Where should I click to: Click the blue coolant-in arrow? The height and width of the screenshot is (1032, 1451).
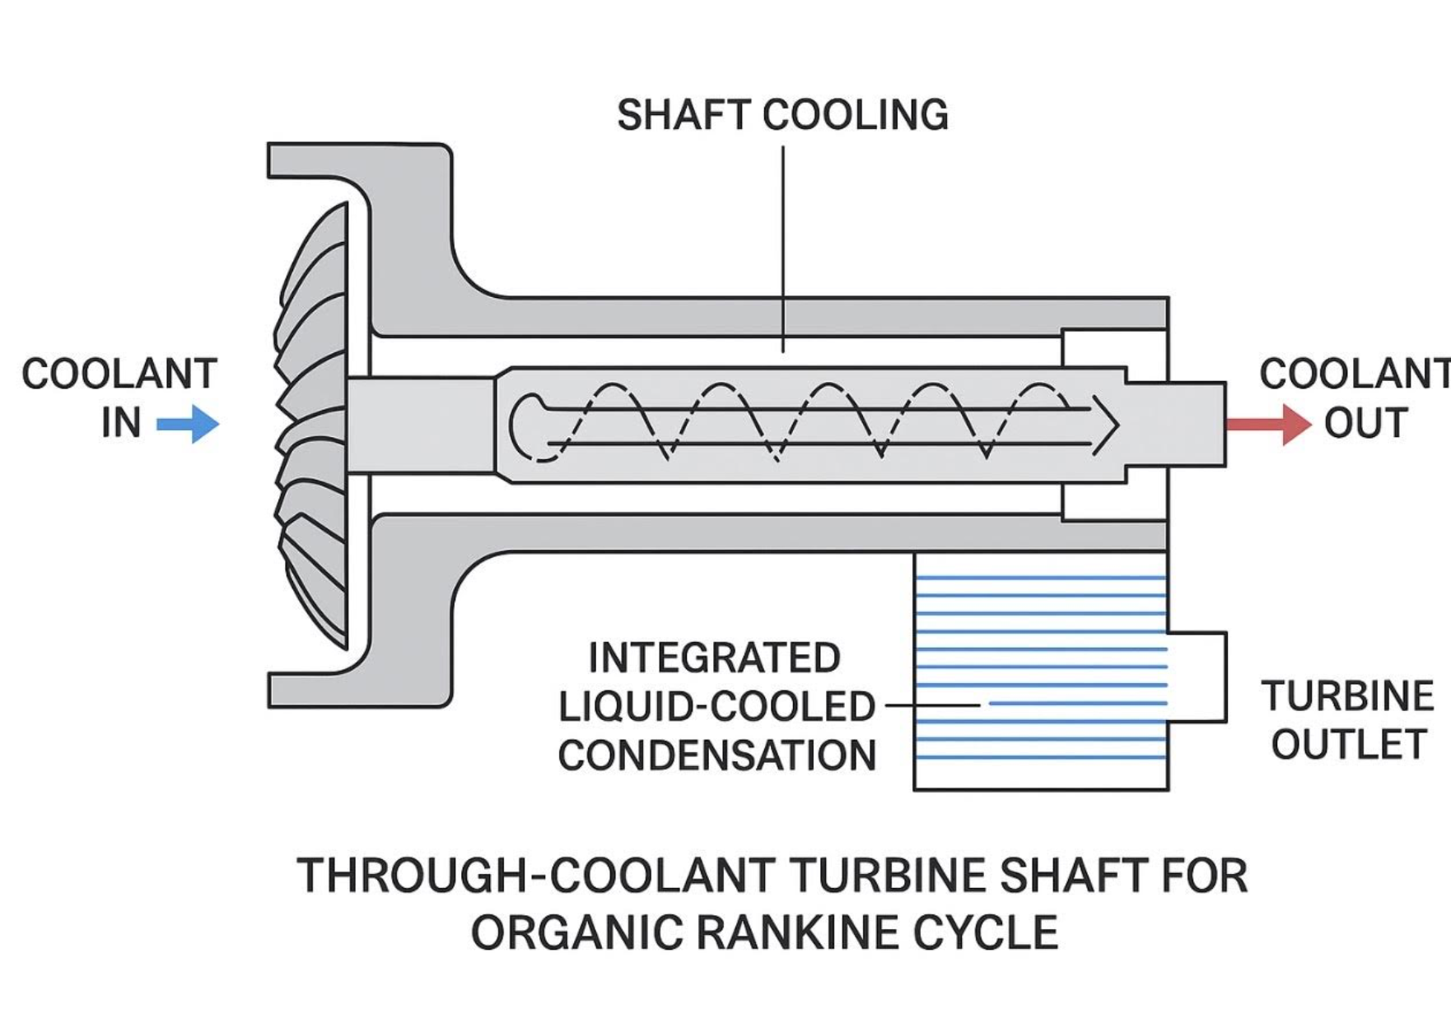(189, 424)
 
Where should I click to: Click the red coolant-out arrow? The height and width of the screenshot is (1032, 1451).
(1267, 424)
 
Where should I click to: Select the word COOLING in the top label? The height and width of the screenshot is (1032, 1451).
(856, 114)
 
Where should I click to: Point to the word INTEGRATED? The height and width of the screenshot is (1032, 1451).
(714, 658)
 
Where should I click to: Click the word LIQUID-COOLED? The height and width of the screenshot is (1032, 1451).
(716, 706)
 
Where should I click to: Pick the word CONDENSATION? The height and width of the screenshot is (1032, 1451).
(716, 755)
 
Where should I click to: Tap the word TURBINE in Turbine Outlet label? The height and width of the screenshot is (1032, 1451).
(1347, 696)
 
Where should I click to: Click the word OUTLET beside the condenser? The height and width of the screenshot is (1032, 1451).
(1348, 745)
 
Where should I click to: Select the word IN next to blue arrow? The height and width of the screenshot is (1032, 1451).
(121, 423)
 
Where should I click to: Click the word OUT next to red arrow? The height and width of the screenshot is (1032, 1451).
(1365, 423)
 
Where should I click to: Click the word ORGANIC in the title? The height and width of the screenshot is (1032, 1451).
(576, 932)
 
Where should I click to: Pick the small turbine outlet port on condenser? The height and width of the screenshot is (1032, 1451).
(1197, 677)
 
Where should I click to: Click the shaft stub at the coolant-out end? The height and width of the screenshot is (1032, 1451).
(1194, 424)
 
